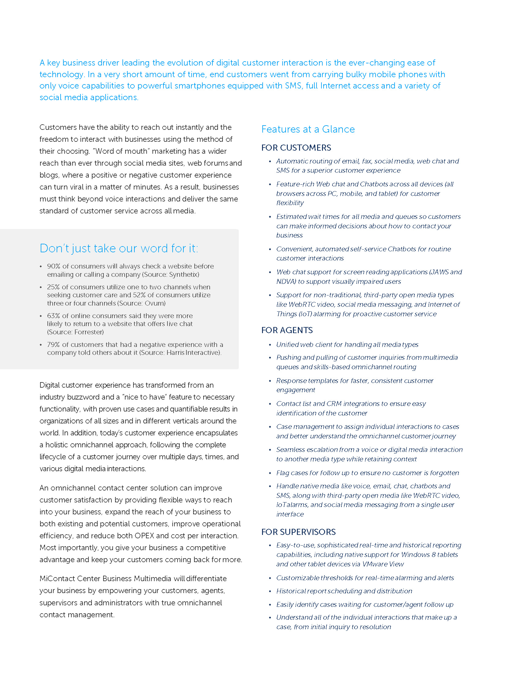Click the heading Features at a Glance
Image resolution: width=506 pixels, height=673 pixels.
tap(308, 129)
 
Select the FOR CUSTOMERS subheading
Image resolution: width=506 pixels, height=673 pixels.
tap(296, 148)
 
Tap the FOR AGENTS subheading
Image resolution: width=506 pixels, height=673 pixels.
tap(287, 330)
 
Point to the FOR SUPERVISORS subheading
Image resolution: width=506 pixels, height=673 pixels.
tap(298, 532)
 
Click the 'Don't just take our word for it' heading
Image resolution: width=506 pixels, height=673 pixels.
tap(119, 248)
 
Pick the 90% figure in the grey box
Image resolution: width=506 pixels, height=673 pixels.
tap(54, 266)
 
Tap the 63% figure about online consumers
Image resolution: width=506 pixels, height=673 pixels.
tap(54, 316)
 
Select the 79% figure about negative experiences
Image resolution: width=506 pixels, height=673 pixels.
tap(54, 345)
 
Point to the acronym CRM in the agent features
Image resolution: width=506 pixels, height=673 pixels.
tap(334, 404)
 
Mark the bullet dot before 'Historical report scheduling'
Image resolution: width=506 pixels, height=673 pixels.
tap(270, 591)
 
